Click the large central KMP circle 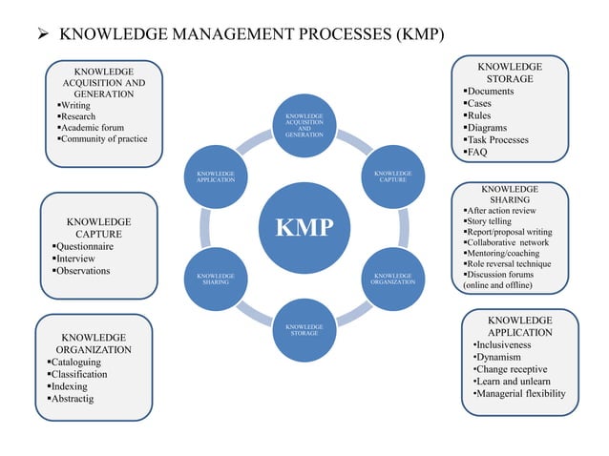point(304,228)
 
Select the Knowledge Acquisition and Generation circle point(304,126)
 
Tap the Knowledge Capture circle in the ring point(392,176)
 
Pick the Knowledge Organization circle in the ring point(392,279)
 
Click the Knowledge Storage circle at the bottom point(304,329)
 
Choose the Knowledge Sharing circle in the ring point(216,279)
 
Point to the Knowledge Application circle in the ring point(216,176)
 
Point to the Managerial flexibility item point(520,394)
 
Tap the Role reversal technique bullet point(513,263)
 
